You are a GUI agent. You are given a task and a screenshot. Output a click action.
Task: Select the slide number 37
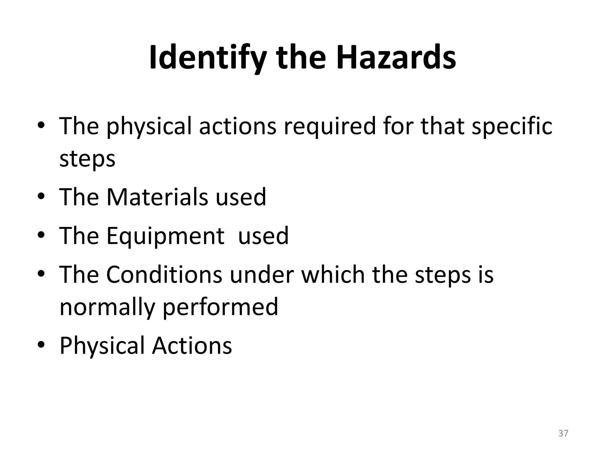(563, 433)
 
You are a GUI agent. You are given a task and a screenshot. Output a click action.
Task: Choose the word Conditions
(164, 274)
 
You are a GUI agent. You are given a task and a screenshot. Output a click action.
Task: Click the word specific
(512, 127)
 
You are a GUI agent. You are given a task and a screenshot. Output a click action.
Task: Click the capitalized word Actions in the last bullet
(192, 345)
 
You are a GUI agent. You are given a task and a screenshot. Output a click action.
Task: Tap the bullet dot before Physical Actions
(41, 344)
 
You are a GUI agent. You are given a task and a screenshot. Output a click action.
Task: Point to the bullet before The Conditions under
(41, 273)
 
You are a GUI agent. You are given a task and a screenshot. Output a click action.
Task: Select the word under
(261, 274)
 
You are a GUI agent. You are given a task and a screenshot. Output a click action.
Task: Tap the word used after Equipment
(263, 236)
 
